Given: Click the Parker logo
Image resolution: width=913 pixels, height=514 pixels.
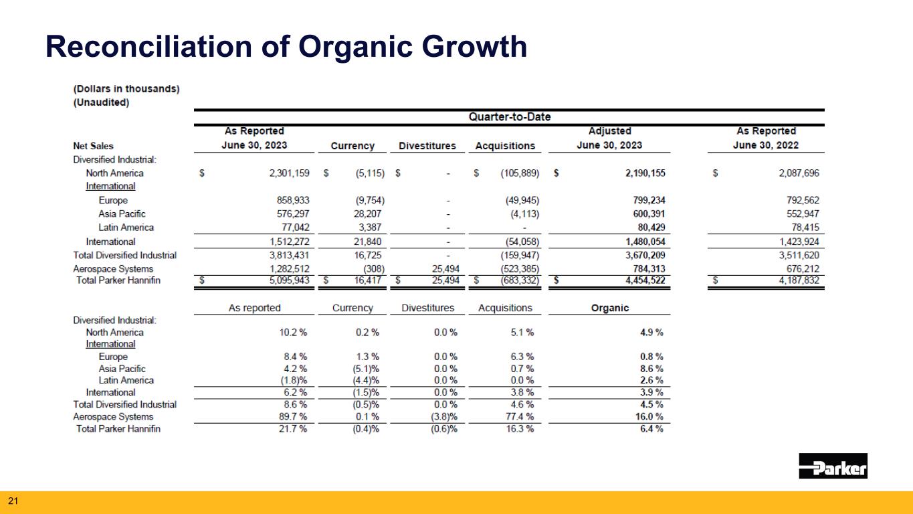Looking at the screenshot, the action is [833, 466].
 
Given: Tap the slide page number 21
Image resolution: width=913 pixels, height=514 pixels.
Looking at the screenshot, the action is [13, 501].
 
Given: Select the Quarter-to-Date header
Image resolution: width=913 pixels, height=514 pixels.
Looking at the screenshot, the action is [510, 117].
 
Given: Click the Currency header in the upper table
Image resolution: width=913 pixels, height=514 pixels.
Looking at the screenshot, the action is [352, 146].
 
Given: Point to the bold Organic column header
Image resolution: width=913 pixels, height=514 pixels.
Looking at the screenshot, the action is [610, 308].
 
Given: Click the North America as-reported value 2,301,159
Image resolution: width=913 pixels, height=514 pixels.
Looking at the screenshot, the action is [289, 173].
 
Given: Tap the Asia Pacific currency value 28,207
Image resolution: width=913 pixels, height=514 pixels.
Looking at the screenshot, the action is [367, 213].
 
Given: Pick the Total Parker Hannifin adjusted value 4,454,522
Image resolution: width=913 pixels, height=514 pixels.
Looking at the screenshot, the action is [645, 280].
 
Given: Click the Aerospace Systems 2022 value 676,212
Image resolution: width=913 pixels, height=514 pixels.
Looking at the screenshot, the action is [803, 269].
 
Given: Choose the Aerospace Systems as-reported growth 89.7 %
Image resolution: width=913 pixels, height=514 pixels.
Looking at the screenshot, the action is [293, 416].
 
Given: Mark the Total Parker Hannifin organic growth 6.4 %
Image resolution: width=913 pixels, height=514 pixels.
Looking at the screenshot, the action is [651, 429].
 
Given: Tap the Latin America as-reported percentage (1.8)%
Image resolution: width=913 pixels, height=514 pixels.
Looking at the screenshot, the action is [294, 380].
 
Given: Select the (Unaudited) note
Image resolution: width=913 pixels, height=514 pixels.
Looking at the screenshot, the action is [101, 102].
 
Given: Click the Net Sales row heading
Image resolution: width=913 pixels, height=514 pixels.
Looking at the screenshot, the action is [93, 146].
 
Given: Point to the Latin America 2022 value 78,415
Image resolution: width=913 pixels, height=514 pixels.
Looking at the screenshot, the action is [805, 228].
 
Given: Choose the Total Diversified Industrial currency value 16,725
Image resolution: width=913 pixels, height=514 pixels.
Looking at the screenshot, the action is [367, 256].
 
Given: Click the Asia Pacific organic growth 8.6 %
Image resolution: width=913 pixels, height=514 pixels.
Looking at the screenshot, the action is [651, 369].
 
